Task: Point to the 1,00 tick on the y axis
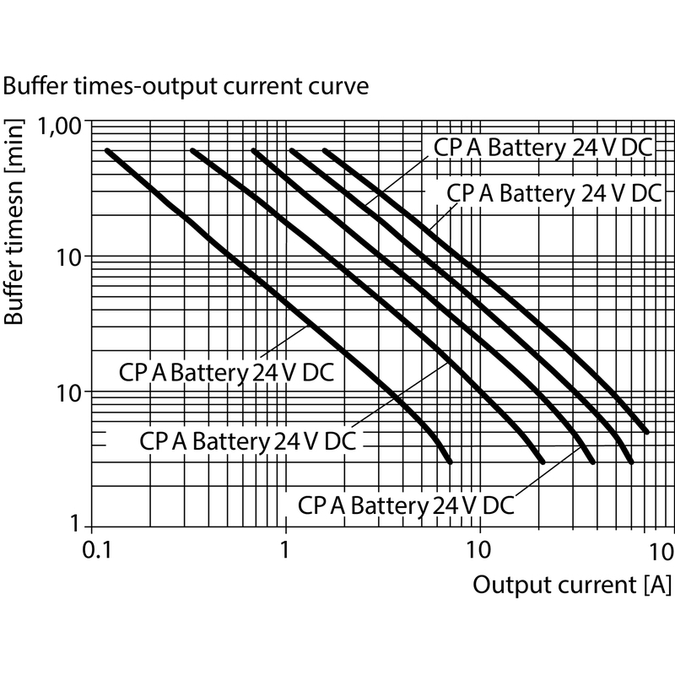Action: click(60, 126)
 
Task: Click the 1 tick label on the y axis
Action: click(75, 524)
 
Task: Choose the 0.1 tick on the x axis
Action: click(97, 550)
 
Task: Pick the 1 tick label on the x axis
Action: click(284, 550)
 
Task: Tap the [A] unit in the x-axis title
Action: click(658, 585)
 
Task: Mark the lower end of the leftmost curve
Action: click(451, 462)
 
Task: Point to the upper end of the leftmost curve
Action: click(107, 151)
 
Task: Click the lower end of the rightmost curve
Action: click(646, 432)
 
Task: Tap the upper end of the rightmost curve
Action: click(325, 151)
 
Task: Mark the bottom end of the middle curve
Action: click(593, 462)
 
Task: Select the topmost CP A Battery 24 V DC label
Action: click(543, 148)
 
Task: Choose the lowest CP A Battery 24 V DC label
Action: click(406, 505)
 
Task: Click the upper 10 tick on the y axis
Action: click(69, 258)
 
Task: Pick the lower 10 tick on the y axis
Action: click(69, 393)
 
